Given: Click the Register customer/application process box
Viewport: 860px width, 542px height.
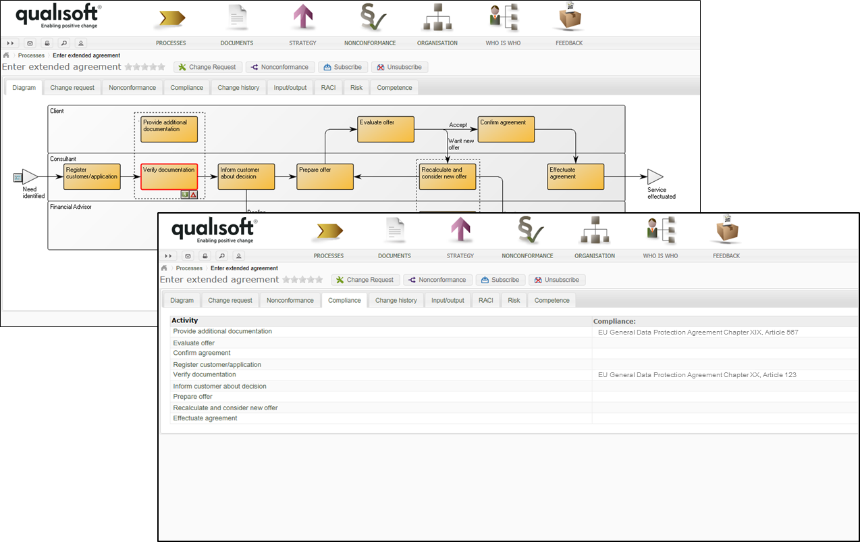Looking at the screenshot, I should click(92, 176).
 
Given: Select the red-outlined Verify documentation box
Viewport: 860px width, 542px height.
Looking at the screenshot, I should click(169, 176).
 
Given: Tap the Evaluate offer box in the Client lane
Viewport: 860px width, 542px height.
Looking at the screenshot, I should click(385, 129).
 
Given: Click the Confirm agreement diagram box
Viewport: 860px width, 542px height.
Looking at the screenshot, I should click(506, 129).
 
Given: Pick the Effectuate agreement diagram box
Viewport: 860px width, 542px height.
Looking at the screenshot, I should click(576, 176).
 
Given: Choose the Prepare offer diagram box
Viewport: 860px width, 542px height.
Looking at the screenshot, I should click(325, 176).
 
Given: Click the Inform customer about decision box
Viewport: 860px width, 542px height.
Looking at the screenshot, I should click(246, 176).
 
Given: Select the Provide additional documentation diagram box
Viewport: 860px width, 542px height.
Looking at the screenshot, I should click(169, 129).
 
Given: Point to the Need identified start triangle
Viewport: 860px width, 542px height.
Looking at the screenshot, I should click(30, 177).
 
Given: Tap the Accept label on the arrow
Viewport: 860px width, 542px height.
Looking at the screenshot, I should click(458, 125).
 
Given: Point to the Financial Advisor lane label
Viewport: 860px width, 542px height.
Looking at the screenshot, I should click(71, 207).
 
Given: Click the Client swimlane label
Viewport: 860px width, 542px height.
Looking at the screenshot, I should click(57, 111).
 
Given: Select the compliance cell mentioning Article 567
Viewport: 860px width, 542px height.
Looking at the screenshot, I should click(698, 332).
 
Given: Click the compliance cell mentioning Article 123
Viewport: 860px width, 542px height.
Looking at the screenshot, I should click(697, 375).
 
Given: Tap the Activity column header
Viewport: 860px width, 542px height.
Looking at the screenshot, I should click(185, 320).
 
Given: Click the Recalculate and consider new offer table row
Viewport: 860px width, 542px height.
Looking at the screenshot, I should click(225, 408).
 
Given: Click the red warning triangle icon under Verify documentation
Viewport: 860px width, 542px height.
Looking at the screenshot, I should click(193, 195).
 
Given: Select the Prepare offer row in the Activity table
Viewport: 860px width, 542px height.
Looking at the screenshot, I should click(193, 397).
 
